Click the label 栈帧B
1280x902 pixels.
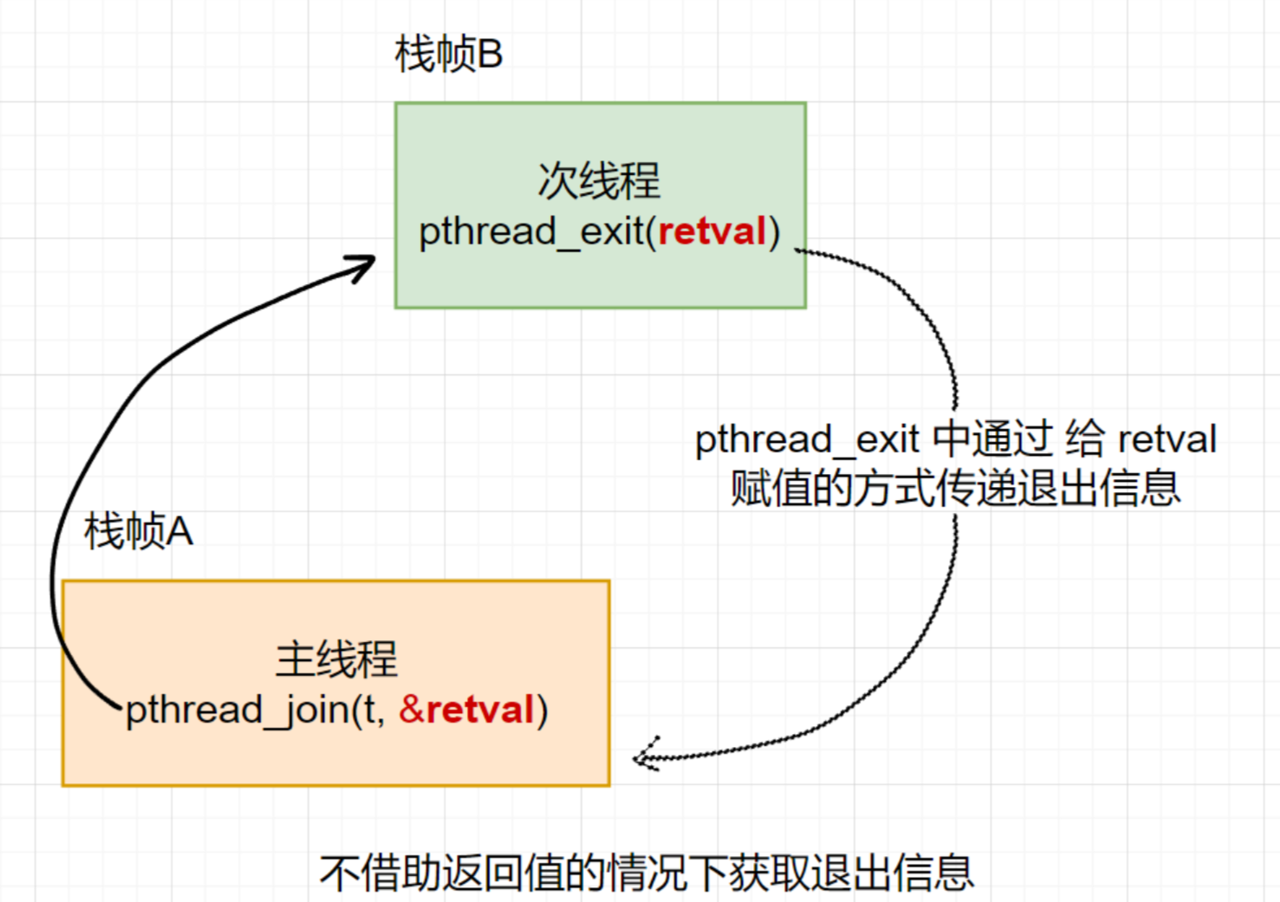[x=448, y=55]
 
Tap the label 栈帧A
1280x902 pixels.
[x=139, y=531]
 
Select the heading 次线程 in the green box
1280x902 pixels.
[x=599, y=181]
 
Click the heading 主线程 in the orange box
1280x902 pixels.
[x=336, y=659]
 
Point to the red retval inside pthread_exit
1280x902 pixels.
[x=712, y=231]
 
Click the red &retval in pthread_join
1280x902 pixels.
[x=466, y=710]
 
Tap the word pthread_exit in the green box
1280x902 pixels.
[x=532, y=232]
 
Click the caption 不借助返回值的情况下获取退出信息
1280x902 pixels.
[x=646, y=873]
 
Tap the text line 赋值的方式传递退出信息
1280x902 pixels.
[x=955, y=488]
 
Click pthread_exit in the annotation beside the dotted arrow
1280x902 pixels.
[x=807, y=439]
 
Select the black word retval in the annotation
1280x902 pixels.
[x=1167, y=439]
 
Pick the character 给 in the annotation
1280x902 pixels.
[x=1085, y=439]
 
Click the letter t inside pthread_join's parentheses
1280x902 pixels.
[x=370, y=710]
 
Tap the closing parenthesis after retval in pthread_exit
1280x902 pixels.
[x=775, y=232]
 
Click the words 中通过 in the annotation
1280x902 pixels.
[x=993, y=439]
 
